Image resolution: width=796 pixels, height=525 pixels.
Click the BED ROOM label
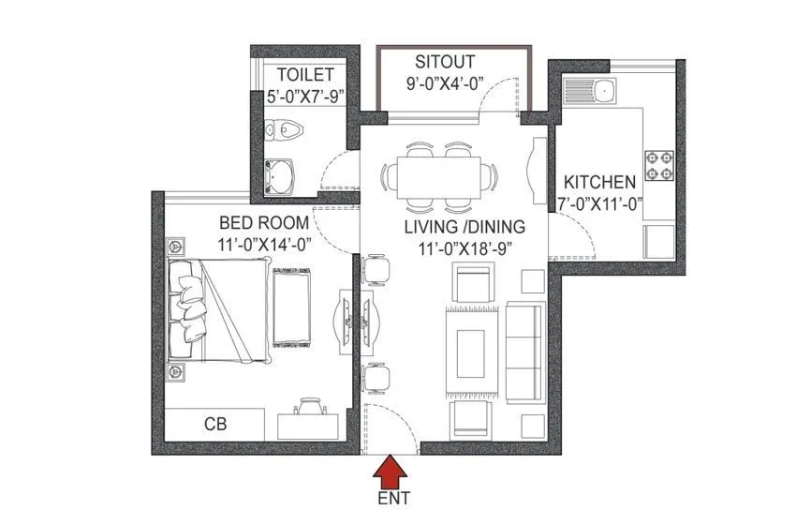click(263, 222)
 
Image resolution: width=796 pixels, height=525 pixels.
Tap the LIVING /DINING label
click(464, 227)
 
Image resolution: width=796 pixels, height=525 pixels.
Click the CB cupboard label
click(216, 423)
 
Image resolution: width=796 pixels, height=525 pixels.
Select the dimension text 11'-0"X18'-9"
click(464, 249)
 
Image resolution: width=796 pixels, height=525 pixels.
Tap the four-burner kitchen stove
click(658, 165)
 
